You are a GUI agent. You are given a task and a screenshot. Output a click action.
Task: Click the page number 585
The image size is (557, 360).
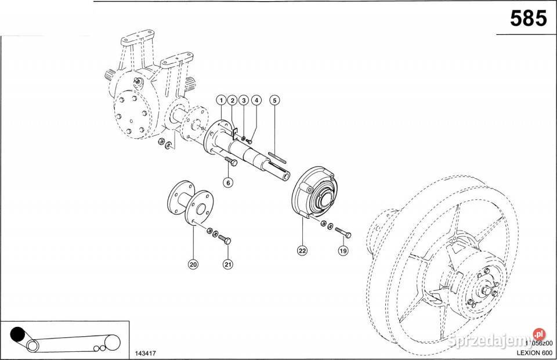tap(528, 19)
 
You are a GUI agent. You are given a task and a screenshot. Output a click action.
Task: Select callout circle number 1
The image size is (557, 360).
tap(221, 100)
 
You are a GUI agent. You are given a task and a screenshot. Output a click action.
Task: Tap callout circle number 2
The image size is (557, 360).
tap(232, 100)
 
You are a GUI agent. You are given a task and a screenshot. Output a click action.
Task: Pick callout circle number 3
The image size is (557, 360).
tap(244, 100)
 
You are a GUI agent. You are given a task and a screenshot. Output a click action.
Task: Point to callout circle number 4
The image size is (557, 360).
tap(256, 100)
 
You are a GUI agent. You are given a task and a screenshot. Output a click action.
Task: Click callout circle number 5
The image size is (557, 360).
tap(275, 100)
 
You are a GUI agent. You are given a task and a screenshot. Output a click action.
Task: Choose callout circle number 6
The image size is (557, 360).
tap(228, 182)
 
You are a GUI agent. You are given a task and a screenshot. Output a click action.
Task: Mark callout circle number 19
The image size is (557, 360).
tap(343, 251)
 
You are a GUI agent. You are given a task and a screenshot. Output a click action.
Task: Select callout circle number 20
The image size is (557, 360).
tap(193, 264)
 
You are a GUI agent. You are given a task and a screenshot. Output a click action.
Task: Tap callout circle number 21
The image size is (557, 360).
tap(227, 264)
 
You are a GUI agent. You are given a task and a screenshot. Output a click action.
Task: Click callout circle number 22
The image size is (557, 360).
tap(302, 251)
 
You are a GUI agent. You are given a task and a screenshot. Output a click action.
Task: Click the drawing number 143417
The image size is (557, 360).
tap(144, 352)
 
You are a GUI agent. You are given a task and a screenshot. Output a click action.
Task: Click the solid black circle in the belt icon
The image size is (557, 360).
tap(17, 335)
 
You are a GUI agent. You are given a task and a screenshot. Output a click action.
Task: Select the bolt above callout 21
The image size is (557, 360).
tap(226, 239)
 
